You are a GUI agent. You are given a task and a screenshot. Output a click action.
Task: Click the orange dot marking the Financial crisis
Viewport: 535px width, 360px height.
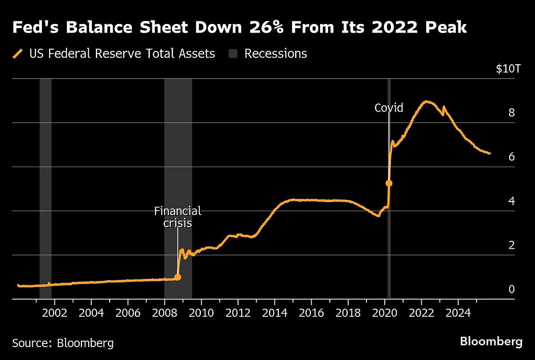tap(177, 277)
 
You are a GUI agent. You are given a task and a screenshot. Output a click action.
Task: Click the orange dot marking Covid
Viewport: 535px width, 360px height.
tap(389, 183)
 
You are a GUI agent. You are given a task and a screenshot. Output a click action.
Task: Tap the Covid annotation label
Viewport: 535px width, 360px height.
tap(388, 108)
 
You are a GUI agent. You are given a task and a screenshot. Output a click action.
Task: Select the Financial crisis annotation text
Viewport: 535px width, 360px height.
tap(177, 216)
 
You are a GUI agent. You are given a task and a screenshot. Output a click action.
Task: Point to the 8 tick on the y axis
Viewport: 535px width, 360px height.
tap(511, 112)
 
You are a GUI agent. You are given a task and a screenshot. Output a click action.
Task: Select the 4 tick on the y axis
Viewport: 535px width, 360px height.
tap(511, 201)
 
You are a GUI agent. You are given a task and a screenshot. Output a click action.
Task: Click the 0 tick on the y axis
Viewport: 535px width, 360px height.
tap(511, 289)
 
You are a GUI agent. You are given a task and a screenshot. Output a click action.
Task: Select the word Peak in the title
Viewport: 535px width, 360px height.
tap(447, 28)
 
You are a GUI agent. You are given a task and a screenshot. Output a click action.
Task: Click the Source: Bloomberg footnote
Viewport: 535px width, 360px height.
tap(63, 343)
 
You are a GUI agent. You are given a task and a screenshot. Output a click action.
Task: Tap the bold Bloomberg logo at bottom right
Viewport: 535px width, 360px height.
tap(491, 342)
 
